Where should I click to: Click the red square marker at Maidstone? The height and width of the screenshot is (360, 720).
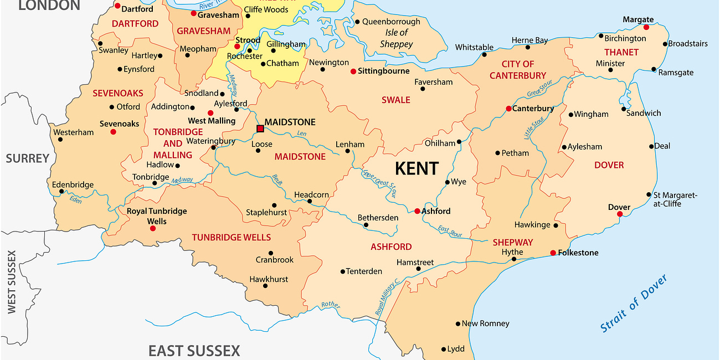(x=260, y=128)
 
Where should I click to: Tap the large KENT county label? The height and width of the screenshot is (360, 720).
(x=416, y=168)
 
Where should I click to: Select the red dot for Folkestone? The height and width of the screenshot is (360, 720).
(x=553, y=253)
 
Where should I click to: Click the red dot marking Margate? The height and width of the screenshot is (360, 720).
(x=646, y=27)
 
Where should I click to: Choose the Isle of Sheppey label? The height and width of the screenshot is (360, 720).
(x=397, y=38)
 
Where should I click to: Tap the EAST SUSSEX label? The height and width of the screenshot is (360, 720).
(x=194, y=351)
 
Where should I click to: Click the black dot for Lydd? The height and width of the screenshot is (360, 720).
(x=444, y=349)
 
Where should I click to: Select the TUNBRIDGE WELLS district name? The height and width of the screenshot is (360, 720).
(x=232, y=238)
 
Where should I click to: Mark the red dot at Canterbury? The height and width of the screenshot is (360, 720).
(x=508, y=109)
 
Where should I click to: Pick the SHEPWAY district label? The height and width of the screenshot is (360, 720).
(x=513, y=243)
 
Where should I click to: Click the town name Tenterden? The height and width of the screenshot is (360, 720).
(x=364, y=271)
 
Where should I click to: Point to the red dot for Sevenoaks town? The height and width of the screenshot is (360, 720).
(x=113, y=132)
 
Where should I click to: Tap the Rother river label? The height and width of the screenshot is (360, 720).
(x=331, y=305)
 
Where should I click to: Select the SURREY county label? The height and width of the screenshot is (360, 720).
(x=28, y=159)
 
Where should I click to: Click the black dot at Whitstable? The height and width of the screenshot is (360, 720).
(x=484, y=55)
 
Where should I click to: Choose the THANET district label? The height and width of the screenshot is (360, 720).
(x=621, y=52)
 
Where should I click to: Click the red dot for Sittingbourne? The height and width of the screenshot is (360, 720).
(x=353, y=71)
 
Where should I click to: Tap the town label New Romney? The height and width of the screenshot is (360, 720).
(x=485, y=323)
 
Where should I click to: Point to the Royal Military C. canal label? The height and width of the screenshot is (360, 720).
(x=388, y=298)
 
